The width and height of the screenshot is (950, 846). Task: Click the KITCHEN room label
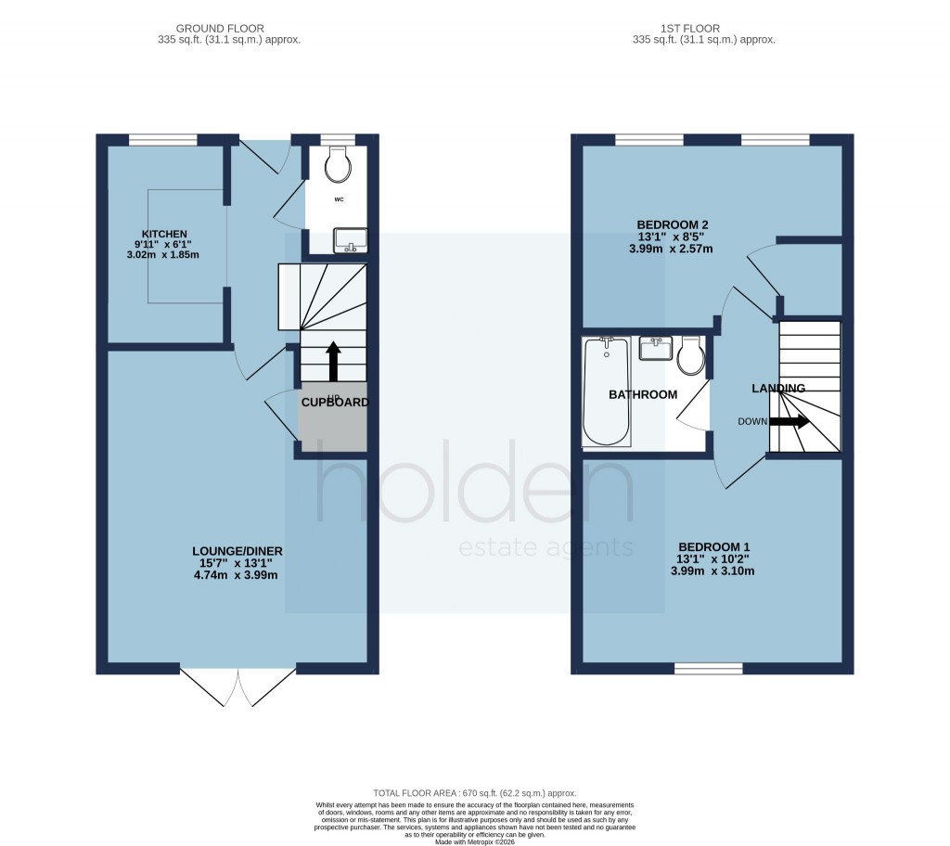click(164, 234)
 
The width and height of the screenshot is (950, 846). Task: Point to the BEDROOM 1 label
click(713, 546)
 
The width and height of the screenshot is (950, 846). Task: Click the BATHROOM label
click(642, 394)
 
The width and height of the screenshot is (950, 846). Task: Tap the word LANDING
click(777, 388)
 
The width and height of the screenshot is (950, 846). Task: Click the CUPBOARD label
click(334, 403)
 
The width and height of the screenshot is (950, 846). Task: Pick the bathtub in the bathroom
click(607, 391)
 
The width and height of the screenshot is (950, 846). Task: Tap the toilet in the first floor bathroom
click(690, 355)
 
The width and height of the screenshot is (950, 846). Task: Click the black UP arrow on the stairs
click(331, 361)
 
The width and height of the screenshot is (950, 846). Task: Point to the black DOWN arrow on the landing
click(789, 421)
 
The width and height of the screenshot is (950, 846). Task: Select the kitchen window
click(162, 140)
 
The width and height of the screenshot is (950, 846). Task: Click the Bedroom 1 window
click(708, 668)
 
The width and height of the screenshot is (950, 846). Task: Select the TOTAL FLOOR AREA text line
click(474, 793)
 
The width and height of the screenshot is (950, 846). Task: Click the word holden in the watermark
click(475, 491)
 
